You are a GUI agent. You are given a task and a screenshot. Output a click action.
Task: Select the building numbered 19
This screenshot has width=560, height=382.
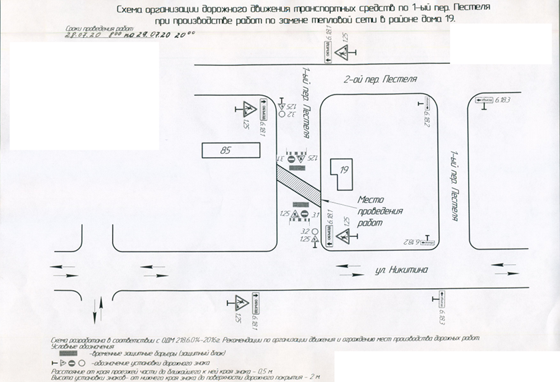(344, 170)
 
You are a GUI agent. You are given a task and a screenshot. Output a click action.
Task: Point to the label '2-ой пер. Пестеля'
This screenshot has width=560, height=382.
(379, 79)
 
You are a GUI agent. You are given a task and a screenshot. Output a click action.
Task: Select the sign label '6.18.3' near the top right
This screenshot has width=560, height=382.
(502, 100)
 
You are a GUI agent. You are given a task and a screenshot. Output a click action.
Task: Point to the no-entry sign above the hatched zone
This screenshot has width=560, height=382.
(291, 160)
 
